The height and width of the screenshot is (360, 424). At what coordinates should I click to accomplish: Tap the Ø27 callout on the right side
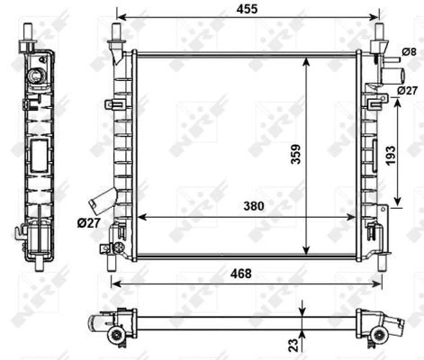406,91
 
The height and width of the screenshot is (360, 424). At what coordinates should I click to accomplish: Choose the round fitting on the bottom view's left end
115,335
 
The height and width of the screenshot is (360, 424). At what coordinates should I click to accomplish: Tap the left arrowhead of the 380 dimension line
137,217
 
